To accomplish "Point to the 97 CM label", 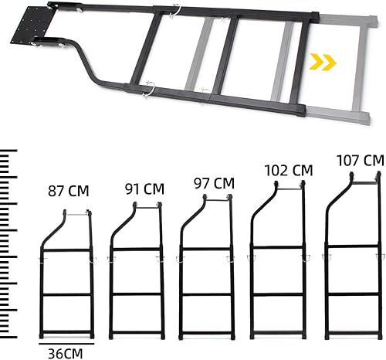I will coord(214,183).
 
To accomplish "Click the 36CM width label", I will coord(64,352).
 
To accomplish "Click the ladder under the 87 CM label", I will coord(66,278).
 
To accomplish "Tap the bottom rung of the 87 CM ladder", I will coord(67,332).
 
